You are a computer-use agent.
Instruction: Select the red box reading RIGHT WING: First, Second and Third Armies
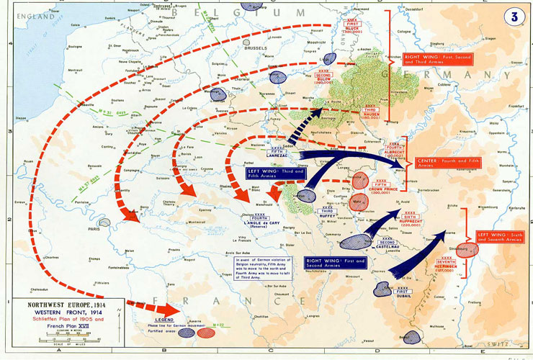coord(427,60)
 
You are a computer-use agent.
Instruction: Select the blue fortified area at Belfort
coord(413,337)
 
